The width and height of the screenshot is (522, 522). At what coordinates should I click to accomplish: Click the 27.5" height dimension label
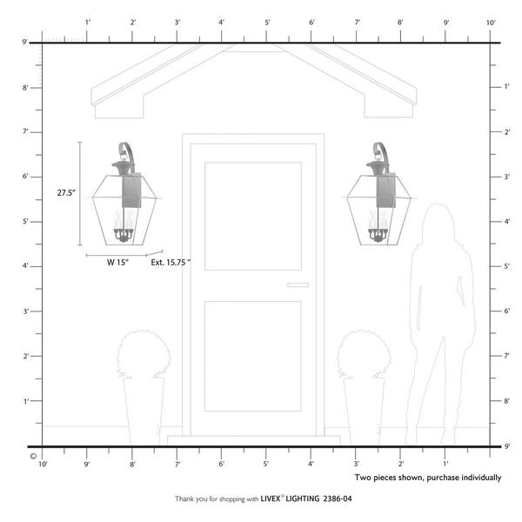click(x=66, y=192)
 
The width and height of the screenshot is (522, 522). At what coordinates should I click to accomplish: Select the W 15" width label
click(x=117, y=262)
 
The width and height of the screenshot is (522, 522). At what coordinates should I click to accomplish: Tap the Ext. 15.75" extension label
click(x=171, y=262)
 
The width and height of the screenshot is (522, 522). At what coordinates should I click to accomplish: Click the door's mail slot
click(x=298, y=284)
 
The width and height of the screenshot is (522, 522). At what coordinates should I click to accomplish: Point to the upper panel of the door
click(x=253, y=216)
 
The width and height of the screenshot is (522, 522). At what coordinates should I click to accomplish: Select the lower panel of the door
click(x=253, y=356)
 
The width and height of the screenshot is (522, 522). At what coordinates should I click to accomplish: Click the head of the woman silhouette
click(x=439, y=221)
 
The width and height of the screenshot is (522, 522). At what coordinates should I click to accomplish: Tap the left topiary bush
click(x=144, y=353)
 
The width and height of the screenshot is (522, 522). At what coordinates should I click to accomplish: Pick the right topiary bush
click(x=364, y=353)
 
